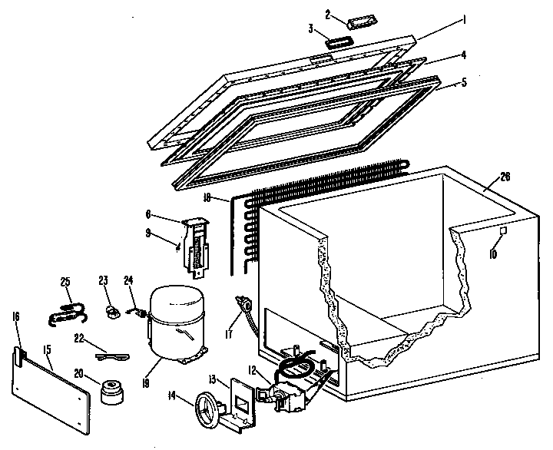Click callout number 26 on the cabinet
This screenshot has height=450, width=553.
point(505,175)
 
